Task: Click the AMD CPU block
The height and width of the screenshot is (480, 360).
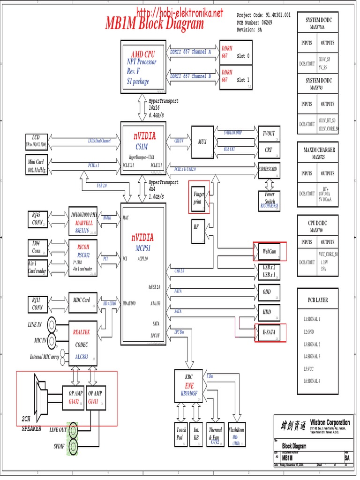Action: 143,67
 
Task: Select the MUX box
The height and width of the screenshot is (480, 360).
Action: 202,142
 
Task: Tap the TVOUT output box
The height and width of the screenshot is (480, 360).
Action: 269,134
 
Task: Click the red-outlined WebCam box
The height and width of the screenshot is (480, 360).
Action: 269,251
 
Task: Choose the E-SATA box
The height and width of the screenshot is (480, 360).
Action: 269,332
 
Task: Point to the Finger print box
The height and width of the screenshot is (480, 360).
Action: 199,197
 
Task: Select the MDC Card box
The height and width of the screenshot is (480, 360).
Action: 82,300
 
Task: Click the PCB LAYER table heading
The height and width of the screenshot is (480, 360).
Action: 318,300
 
